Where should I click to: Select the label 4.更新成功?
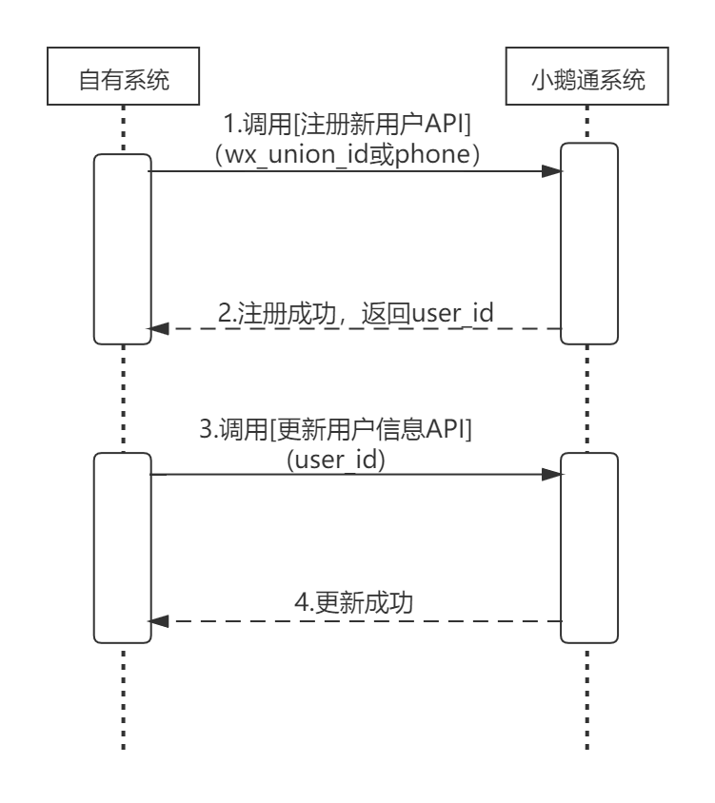[359, 602]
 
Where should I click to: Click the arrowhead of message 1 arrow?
[551, 172]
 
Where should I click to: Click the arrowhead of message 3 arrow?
[551, 474]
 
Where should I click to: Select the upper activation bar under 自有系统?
[124, 248]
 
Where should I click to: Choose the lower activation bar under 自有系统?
[124, 548]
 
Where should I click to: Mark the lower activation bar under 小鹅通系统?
[588, 548]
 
